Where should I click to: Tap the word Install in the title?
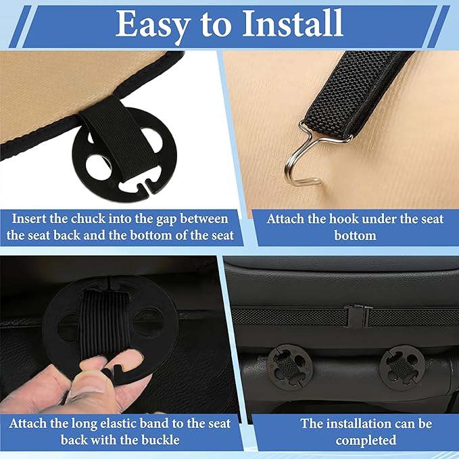pyautogui.click(x=293, y=23)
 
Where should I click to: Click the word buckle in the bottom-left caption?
pyautogui.click(x=160, y=440)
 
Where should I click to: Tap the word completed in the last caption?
pyautogui.click(x=366, y=441)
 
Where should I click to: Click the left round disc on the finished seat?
pyautogui.click(x=289, y=367)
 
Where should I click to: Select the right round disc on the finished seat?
pyautogui.click(x=402, y=368)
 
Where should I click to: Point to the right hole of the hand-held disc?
pyautogui.click(x=148, y=322)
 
